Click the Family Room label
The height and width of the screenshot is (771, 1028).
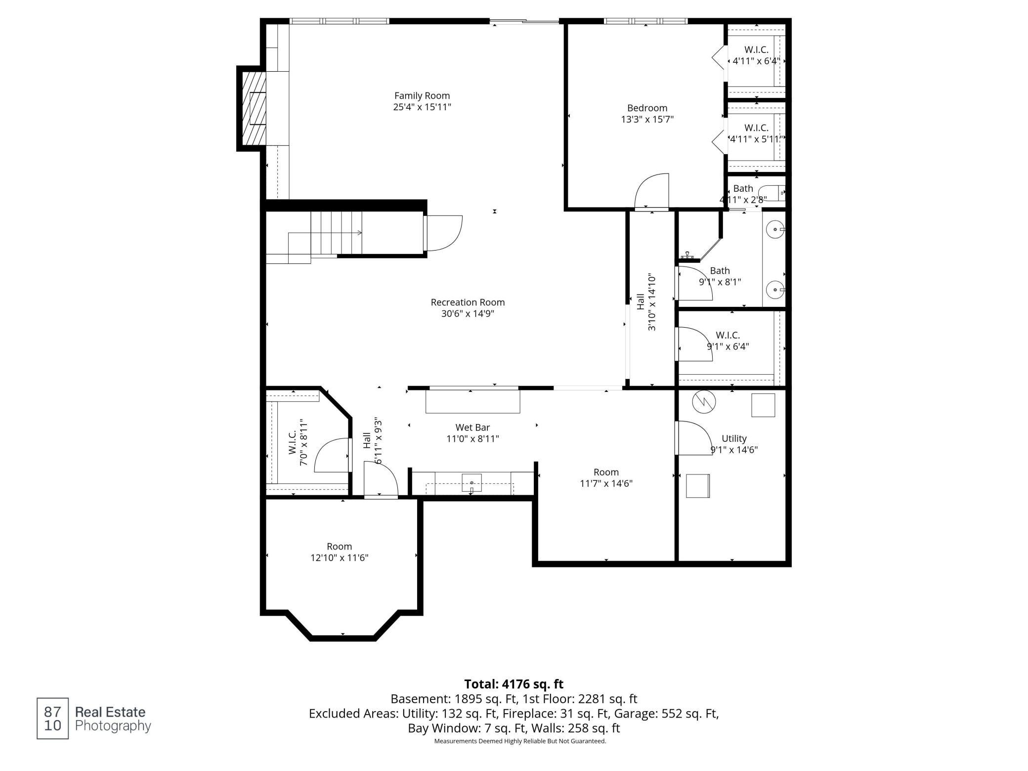[422, 96]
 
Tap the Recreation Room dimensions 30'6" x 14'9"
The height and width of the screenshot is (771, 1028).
[468, 314]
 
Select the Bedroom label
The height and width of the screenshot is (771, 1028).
[647, 108]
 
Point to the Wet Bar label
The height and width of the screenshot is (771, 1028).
[472, 428]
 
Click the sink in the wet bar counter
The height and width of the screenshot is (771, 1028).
[472, 482]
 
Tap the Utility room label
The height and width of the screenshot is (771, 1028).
[734, 438]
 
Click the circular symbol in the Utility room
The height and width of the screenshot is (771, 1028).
[704, 402]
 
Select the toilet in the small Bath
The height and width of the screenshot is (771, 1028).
[772, 193]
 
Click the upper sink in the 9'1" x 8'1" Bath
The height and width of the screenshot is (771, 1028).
[775, 229]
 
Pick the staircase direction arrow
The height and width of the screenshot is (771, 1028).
[325, 233]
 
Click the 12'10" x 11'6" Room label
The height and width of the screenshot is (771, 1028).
[339, 547]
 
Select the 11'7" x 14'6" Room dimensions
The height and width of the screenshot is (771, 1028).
[606, 483]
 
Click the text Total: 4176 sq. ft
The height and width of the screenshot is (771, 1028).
[514, 684]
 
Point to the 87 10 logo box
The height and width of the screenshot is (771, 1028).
[52, 719]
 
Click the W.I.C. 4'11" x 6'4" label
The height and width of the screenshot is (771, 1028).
[756, 55]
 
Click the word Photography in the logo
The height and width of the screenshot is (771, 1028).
[113, 726]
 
